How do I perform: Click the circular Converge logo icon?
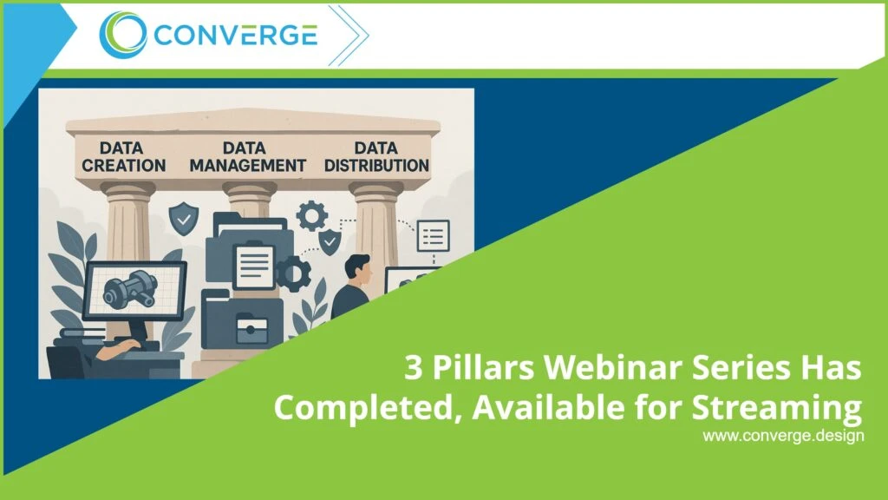(122, 35)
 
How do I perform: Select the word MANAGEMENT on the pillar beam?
(248, 165)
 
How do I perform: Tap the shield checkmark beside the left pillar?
(182, 218)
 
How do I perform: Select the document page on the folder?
(254, 266)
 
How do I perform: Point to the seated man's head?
(356, 270)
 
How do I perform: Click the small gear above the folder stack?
(310, 214)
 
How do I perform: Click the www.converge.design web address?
(783, 436)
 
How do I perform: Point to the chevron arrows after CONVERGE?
(347, 36)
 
